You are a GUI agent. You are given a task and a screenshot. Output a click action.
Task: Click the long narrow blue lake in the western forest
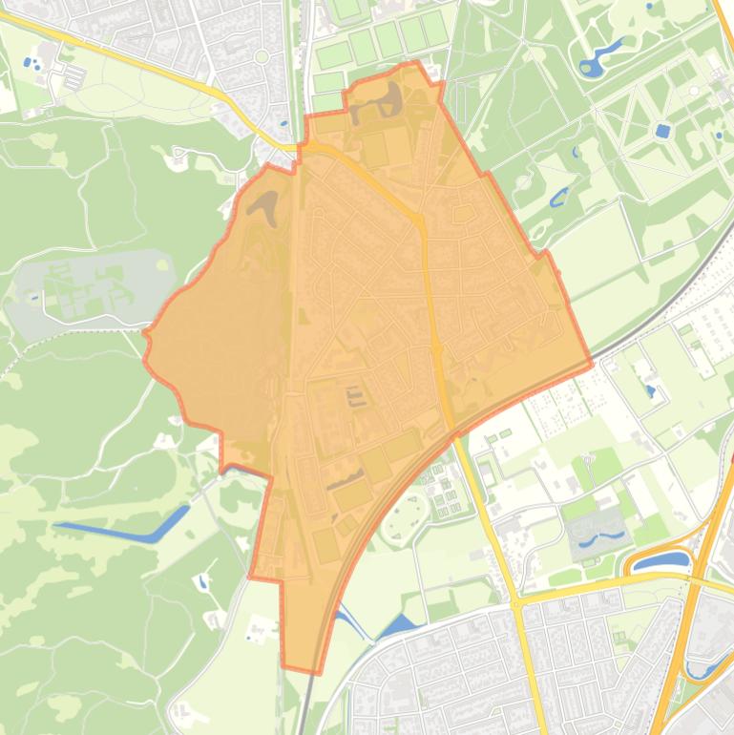pos(124,527)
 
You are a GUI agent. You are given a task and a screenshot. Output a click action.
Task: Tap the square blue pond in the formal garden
pos(662,131)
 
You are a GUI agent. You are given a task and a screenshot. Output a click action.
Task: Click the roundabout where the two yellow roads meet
pos(515,603)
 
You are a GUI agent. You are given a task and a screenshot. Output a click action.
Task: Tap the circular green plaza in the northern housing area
pos(261,57)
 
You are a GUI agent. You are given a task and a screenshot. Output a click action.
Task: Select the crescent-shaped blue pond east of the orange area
pos(558,197)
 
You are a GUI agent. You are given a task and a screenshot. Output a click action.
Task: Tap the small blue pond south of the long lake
pos(202,580)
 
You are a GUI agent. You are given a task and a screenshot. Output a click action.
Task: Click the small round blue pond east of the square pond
pos(719,135)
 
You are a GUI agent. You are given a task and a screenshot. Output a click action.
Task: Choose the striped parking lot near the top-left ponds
pos(73,74)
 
